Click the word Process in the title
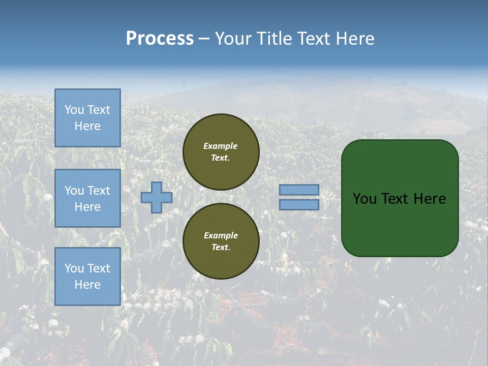(x=160, y=39)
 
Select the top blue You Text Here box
(x=87, y=118)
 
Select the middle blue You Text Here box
(x=87, y=198)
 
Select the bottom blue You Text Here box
(x=87, y=277)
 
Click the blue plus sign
(x=157, y=197)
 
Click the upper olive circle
(x=221, y=152)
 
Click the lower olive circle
(x=221, y=241)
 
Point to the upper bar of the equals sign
(x=299, y=190)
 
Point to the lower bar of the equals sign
(x=299, y=205)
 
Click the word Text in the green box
(x=395, y=199)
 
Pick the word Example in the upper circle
(x=221, y=146)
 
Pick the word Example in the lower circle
(x=221, y=235)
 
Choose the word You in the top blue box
(x=74, y=110)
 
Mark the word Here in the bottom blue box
(x=87, y=285)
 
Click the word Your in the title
(x=234, y=39)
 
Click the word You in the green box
(x=365, y=199)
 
